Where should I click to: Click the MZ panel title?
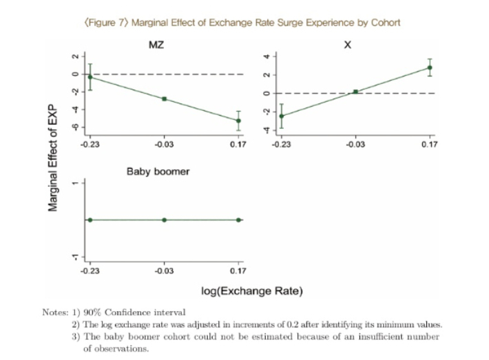(156, 45)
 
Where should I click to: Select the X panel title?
(347, 45)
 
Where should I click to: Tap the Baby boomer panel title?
(158, 172)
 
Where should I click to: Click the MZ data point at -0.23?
(90, 77)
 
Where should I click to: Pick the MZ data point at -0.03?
(165, 99)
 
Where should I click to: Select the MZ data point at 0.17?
(238, 120)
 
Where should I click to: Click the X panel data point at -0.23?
(282, 116)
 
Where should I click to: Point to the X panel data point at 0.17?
(430, 67)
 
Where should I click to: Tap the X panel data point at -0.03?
(355, 92)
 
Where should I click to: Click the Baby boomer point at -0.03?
(165, 220)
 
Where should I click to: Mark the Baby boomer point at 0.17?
(238, 220)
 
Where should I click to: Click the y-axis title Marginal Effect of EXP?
(53, 158)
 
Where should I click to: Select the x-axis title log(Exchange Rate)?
(252, 291)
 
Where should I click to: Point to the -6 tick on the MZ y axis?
(75, 127)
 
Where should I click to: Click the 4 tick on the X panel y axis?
(267, 56)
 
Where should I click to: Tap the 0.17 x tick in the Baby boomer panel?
(238, 271)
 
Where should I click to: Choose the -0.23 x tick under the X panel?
(281, 145)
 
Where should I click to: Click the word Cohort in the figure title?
(386, 23)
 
